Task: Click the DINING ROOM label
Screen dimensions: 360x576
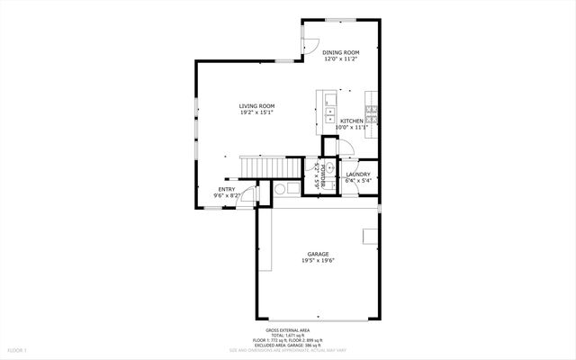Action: click(x=341, y=53)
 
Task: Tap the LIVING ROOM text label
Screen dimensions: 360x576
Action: click(x=256, y=106)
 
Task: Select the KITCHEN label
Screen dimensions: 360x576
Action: click(x=351, y=121)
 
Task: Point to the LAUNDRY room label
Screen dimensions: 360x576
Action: click(x=358, y=174)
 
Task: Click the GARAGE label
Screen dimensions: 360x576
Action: click(x=318, y=255)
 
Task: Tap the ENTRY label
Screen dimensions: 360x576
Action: click(x=226, y=189)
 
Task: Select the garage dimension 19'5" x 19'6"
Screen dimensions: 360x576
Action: click(x=318, y=262)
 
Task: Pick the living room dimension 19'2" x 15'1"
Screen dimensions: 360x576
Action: click(x=256, y=113)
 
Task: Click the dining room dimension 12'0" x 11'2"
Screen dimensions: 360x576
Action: click(x=341, y=60)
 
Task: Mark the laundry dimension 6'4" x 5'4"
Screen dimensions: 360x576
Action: click(x=358, y=181)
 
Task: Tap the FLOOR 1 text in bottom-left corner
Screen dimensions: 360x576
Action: click(x=18, y=349)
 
